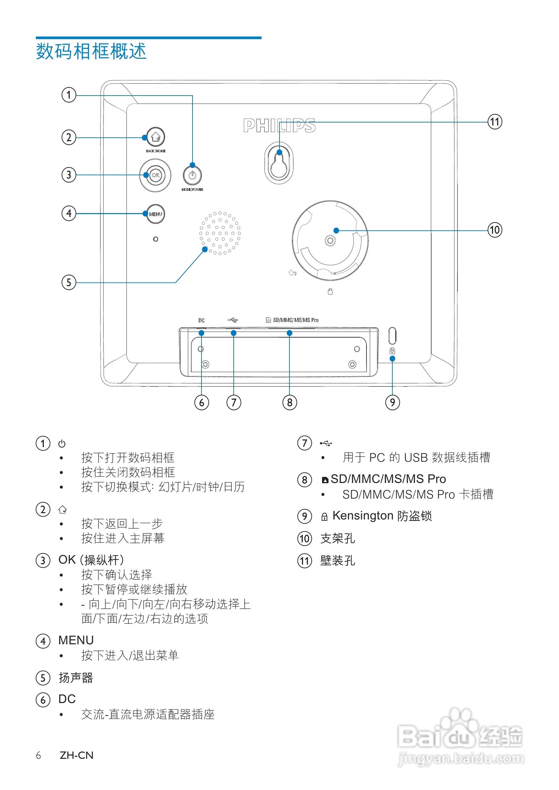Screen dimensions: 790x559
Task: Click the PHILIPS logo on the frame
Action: click(279, 126)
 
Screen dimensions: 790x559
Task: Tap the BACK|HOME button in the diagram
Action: click(156, 137)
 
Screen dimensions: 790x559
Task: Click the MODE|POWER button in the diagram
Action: click(192, 176)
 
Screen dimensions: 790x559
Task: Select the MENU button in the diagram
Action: click(156, 214)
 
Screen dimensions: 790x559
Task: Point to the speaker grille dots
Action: click(220, 233)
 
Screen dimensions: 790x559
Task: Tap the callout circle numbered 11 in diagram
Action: click(495, 122)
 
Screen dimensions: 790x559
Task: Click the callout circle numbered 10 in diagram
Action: click(495, 230)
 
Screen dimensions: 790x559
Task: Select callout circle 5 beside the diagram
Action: click(69, 282)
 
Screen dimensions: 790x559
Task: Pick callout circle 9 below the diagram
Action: click(392, 402)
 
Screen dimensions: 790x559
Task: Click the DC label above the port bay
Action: click(201, 320)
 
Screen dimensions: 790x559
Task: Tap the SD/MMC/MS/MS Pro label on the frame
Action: click(295, 320)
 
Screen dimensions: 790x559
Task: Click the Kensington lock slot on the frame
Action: click(392, 336)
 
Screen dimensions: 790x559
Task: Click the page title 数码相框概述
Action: click(91, 52)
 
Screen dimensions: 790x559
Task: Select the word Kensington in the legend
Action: click(363, 515)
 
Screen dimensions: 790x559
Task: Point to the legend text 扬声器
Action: click(76, 678)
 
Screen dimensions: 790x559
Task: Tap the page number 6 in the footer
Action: click(38, 755)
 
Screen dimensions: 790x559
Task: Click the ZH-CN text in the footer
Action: click(76, 755)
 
